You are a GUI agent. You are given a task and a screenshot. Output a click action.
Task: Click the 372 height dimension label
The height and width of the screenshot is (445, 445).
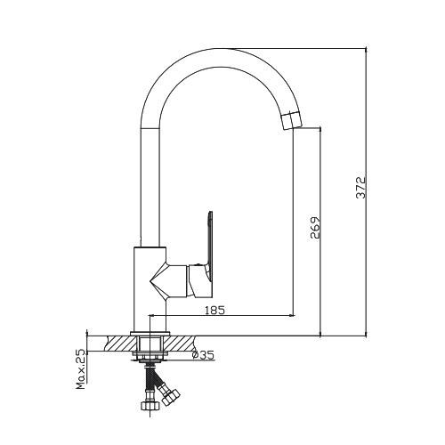[361, 188]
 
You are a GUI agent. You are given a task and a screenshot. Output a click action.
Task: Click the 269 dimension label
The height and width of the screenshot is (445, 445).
[315, 228]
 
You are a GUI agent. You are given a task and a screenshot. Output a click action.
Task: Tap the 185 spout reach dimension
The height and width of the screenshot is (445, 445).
[215, 310]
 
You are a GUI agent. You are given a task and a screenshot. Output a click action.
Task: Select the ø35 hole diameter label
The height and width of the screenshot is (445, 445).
[203, 355]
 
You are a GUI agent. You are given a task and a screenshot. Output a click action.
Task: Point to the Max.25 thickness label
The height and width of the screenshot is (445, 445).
[81, 369]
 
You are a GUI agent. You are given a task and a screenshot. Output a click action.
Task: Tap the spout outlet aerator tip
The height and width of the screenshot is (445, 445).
[291, 120]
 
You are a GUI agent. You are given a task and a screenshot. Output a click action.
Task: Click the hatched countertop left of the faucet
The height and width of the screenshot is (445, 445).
[120, 344]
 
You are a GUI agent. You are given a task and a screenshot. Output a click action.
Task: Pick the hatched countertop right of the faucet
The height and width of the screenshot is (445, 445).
[180, 344]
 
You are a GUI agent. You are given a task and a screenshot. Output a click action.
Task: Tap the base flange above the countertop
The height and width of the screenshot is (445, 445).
[150, 334]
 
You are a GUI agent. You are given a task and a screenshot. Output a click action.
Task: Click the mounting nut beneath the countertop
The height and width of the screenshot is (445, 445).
[150, 356]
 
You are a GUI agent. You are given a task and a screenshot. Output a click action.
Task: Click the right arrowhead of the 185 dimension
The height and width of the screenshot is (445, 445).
[292, 315]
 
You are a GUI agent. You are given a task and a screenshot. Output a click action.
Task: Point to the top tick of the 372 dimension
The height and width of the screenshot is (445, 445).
[366, 48]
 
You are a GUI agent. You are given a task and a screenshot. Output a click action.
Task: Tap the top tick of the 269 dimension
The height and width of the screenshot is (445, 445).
[320, 128]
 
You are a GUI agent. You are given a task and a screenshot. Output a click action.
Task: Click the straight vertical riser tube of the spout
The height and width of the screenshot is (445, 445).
[150, 187]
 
